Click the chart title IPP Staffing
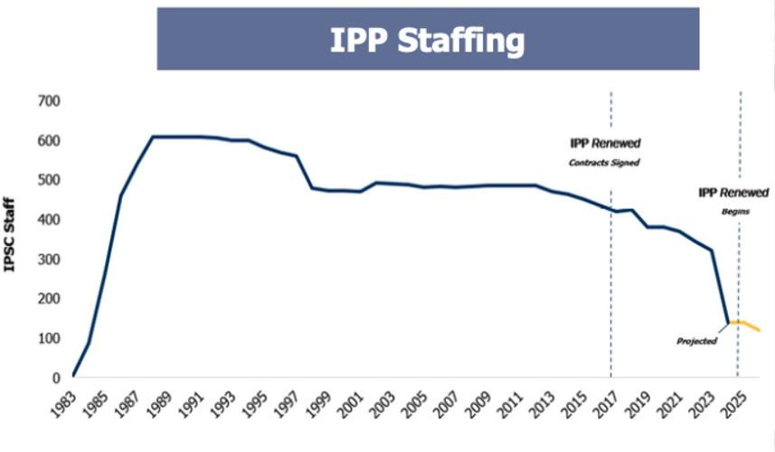point(428,40)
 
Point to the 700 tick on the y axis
point(48,101)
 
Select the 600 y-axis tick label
point(48,141)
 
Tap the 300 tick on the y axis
point(48,259)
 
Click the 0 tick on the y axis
point(55,378)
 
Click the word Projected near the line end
point(696,341)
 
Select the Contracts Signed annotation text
point(604,163)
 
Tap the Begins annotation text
point(734,211)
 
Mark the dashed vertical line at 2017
point(611,271)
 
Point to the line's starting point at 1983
point(73,375)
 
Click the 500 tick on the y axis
point(48,181)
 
